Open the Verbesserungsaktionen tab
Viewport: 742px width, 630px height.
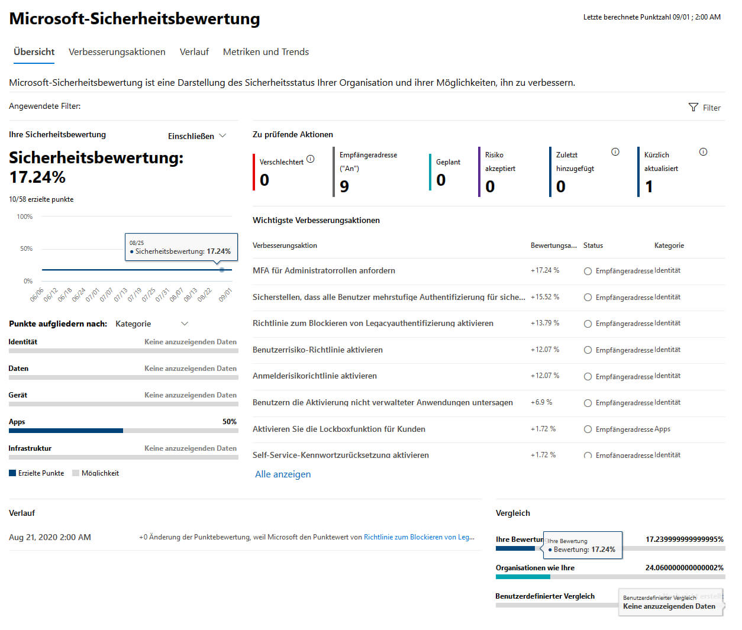(x=117, y=52)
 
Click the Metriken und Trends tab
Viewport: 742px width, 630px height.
(x=266, y=52)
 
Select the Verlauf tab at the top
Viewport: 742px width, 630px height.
(x=194, y=52)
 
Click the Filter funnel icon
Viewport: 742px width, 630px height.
(x=693, y=107)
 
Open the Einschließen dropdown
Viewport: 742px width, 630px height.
(x=197, y=136)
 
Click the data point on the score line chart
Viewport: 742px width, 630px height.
(x=222, y=270)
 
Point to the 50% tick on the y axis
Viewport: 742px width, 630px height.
(x=26, y=248)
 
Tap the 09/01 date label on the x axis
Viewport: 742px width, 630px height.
(x=225, y=295)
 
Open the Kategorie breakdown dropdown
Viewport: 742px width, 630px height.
(x=151, y=324)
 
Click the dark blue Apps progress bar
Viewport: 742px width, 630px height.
(x=66, y=431)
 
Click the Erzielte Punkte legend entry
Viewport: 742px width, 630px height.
(x=37, y=473)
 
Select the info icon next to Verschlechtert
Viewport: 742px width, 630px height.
(x=311, y=159)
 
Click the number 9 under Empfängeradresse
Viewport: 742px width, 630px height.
(x=344, y=187)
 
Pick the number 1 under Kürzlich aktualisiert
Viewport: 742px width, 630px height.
(x=649, y=187)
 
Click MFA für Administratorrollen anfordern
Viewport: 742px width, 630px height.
(x=324, y=270)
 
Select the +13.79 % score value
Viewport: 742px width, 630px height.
(x=545, y=323)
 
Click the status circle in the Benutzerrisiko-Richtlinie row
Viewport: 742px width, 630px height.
(x=588, y=350)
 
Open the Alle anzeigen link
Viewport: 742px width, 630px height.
(x=283, y=474)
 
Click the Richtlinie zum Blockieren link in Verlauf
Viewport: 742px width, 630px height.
(x=419, y=537)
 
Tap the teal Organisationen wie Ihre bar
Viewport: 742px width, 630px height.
(x=523, y=577)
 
